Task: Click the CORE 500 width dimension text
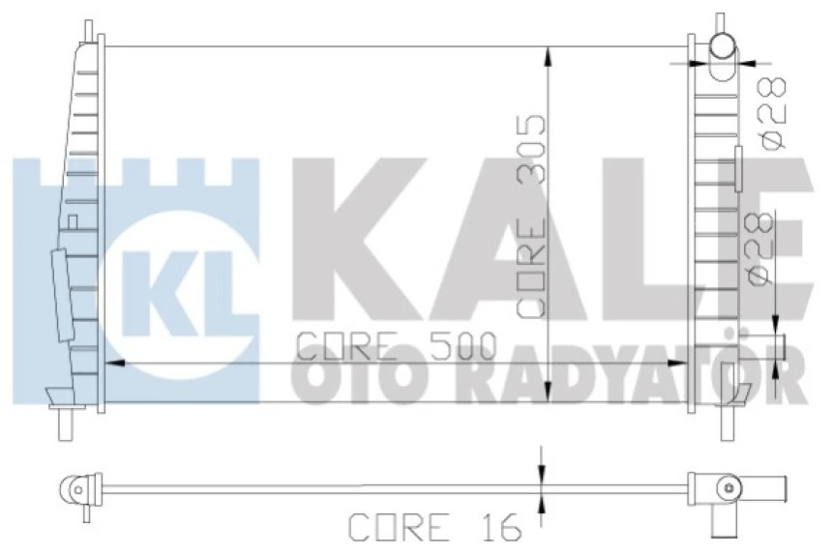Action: point(394,345)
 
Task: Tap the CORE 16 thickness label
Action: point(433,527)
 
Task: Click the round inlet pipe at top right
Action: point(723,44)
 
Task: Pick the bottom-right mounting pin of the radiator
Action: point(725,424)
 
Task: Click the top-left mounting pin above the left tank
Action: point(86,28)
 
